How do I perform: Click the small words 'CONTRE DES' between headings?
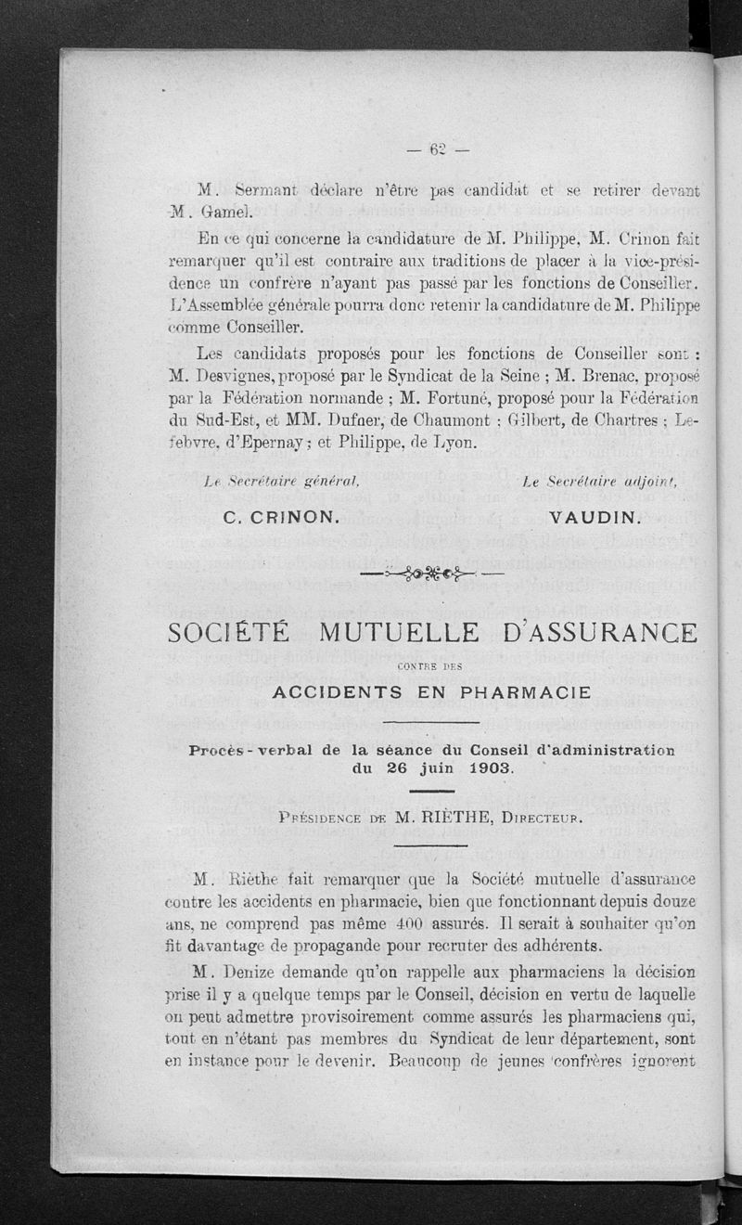click(429, 664)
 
